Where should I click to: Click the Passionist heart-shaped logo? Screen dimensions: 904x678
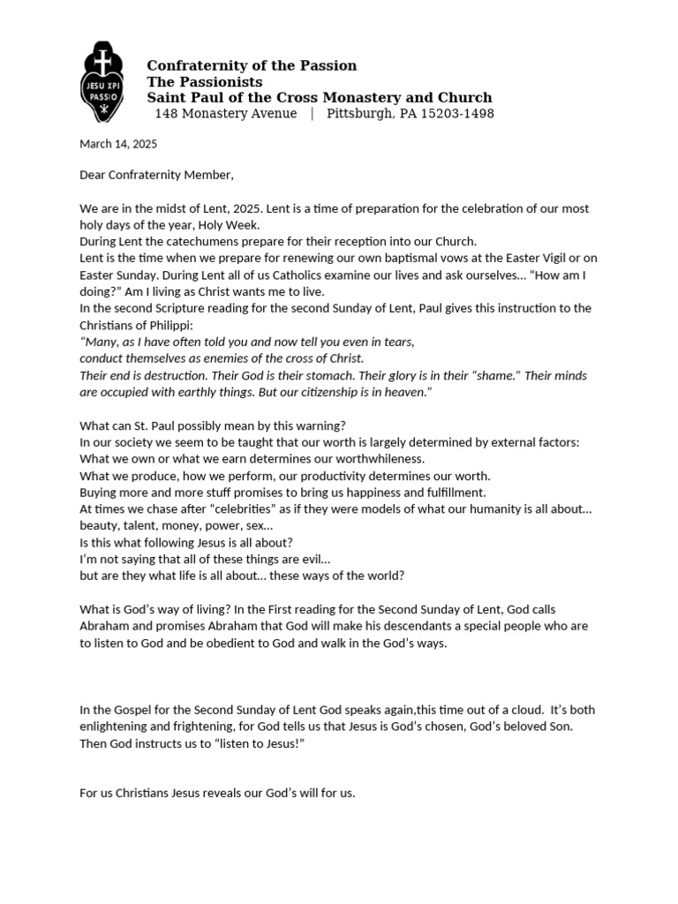(104, 84)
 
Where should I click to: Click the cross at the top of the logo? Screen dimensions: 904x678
(104, 62)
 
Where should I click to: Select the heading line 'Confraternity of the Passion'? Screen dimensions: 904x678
(252, 66)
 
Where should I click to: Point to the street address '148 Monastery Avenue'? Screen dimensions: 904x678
(226, 114)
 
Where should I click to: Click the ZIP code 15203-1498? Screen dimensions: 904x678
(454, 114)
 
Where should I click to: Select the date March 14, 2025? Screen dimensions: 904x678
(118, 144)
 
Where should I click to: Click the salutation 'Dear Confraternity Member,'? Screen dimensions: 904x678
(157, 175)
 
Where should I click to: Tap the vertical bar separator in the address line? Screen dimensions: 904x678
(312, 114)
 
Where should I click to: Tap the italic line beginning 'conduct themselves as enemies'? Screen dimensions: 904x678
(222, 358)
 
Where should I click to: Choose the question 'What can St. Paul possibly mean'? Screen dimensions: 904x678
(213, 425)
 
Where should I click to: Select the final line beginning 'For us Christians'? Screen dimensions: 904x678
(217, 793)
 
